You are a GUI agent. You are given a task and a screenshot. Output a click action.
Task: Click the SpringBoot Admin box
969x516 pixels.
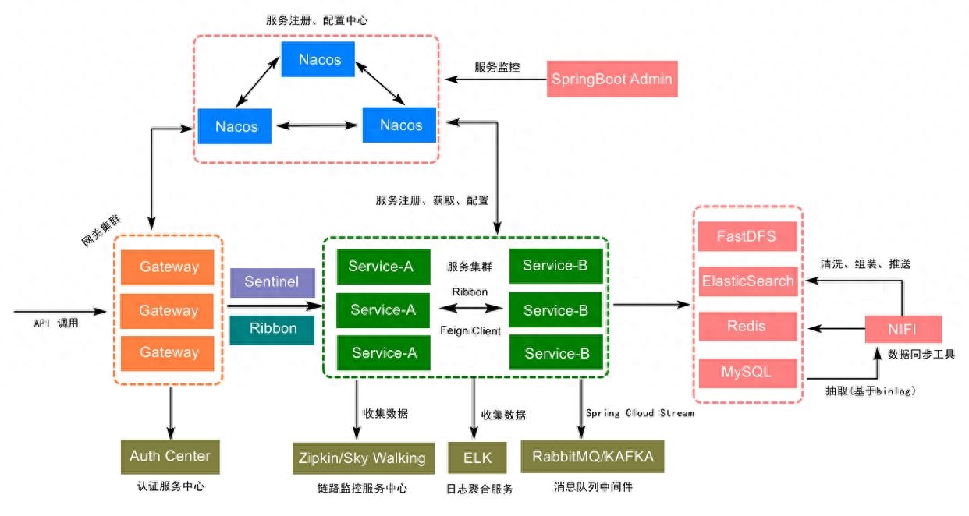pyautogui.click(x=612, y=79)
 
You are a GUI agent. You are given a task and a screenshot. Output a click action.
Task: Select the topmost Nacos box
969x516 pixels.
pyautogui.click(x=318, y=59)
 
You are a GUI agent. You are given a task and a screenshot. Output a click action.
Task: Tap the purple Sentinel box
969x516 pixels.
pyautogui.click(x=272, y=283)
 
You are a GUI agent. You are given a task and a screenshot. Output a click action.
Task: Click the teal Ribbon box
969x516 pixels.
pyautogui.click(x=272, y=330)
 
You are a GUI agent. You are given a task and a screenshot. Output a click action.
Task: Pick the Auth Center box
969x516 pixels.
pyautogui.click(x=170, y=457)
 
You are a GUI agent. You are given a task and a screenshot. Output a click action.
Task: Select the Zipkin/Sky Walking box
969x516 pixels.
pyautogui.click(x=364, y=458)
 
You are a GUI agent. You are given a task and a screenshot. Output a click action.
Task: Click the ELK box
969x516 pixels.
pyautogui.click(x=477, y=458)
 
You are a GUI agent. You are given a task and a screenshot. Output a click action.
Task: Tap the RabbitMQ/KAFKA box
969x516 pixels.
pyautogui.click(x=593, y=457)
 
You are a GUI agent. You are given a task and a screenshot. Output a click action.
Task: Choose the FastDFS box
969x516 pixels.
pyautogui.click(x=747, y=236)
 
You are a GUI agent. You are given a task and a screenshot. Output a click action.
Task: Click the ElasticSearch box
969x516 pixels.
pyautogui.click(x=748, y=281)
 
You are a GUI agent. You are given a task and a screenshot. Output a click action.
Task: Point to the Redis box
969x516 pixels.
pyautogui.click(x=748, y=327)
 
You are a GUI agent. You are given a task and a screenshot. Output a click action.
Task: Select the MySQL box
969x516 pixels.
pyautogui.click(x=748, y=373)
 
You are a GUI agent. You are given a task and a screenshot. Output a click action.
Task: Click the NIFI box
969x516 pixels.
pyautogui.click(x=903, y=329)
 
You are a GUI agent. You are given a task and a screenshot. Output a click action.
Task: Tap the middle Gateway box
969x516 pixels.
pyautogui.click(x=167, y=311)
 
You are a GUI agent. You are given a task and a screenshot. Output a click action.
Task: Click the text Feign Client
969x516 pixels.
pyautogui.click(x=470, y=331)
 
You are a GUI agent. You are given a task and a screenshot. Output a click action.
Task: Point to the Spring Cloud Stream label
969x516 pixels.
pyautogui.click(x=640, y=413)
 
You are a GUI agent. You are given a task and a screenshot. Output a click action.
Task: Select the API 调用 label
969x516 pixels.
pyautogui.click(x=56, y=323)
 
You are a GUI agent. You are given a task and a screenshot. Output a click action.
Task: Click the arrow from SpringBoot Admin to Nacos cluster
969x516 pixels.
pyautogui.click(x=495, y=79)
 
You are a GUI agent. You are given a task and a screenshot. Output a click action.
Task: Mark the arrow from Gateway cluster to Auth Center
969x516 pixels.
pyautogui.click(x=171, y=414)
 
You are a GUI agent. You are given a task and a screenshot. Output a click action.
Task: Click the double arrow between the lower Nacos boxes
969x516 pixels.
pyautogui.click(x=317, y=125)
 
